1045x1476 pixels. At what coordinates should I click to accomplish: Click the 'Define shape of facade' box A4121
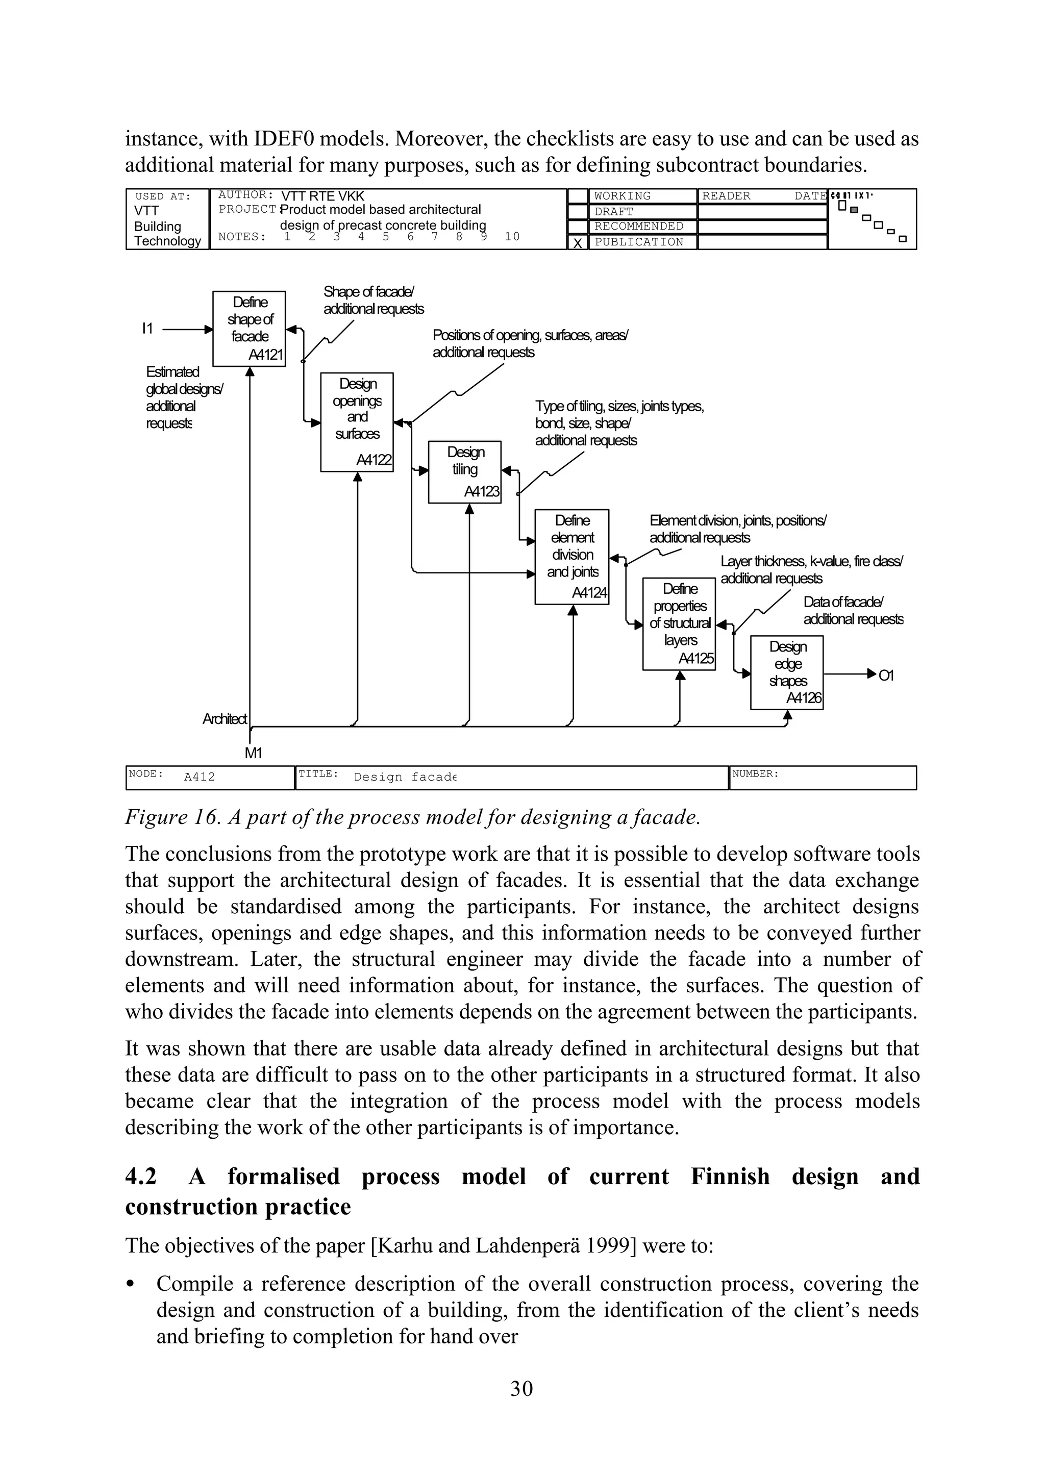tap(249, 328)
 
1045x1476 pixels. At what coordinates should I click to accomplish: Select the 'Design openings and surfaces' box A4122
tap(357, 421)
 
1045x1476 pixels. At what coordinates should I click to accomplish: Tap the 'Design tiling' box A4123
tap(465, 471)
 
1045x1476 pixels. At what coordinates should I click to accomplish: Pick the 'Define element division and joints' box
tap(571, 557)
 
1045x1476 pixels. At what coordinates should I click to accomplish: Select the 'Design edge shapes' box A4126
tap(786, 672)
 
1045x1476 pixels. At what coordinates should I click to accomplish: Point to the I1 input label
tap(147, 329)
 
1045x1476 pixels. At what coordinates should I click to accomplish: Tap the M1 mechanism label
tap(253, 754)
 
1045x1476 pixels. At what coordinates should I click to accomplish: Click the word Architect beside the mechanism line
tap(224, 719)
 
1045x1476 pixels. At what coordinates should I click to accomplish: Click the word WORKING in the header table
tap(622, 195)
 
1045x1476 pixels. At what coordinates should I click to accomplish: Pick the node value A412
tap(200, 777)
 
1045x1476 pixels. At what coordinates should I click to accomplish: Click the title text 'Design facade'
tap(405, 777)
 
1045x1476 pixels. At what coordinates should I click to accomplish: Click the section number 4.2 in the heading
tap(141, 1176)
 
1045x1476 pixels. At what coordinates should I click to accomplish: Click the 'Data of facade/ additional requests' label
tap(853, 611)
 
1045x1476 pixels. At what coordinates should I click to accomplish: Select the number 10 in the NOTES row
tap(512, 237)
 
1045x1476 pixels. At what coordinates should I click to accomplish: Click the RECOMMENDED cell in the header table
tap(638, 227)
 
